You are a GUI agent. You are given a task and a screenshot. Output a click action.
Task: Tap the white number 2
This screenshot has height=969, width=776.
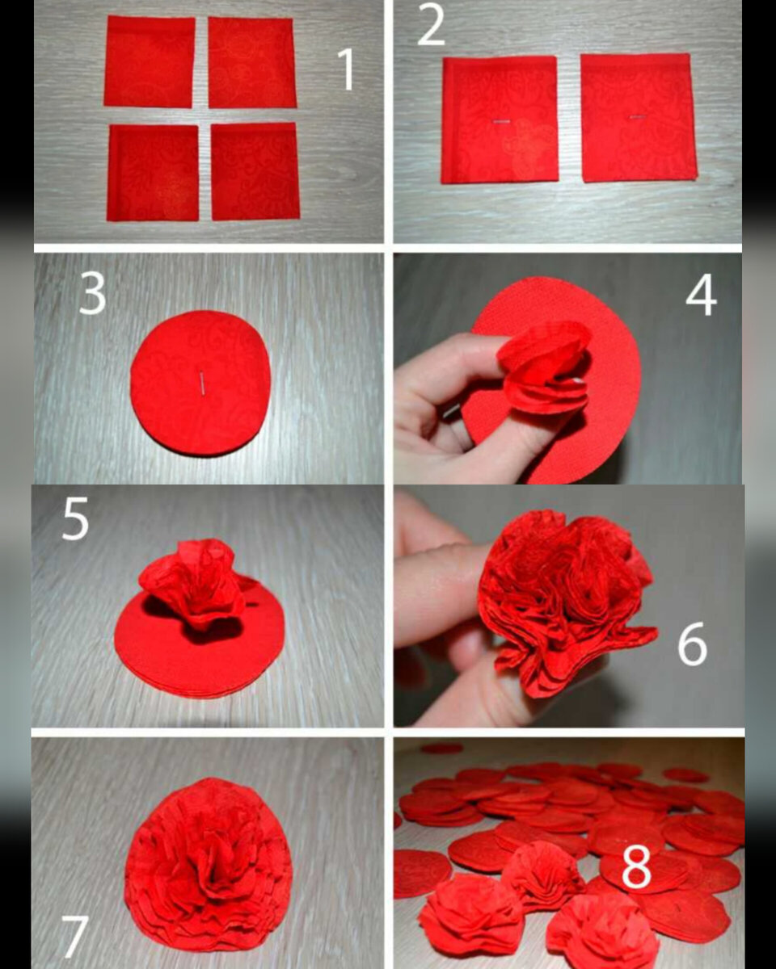pos(431,24)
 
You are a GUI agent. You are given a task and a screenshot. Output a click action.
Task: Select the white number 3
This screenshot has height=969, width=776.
pos(92,293)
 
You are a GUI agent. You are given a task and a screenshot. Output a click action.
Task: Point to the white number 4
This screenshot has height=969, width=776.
pos(701,295)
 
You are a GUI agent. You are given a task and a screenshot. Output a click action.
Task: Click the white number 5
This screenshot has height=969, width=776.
pos(75,518)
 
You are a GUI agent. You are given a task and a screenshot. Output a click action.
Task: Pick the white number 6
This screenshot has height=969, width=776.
pos(693,644)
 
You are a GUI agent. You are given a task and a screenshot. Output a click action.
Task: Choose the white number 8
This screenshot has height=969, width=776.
pos(637,866)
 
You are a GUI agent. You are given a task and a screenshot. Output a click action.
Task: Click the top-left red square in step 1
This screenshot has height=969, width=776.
pos(150,61)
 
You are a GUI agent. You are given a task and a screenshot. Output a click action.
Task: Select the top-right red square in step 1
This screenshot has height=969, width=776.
pos(252,62)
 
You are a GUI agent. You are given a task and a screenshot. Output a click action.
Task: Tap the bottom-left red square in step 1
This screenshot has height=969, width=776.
pos(153,173)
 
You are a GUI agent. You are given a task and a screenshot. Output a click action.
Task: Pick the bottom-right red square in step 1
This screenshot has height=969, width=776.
pos(255,171)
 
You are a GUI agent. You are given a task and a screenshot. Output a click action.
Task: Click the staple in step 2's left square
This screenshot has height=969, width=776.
pos(500,122)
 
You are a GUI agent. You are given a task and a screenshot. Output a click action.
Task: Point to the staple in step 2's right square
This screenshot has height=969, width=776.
pos(638,117)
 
